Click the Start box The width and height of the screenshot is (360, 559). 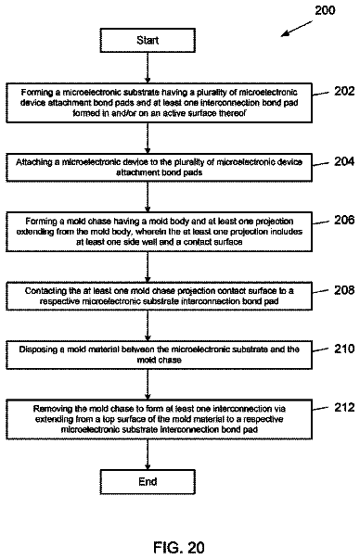148,40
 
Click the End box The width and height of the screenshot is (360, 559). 148,482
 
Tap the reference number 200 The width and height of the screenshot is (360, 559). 325,10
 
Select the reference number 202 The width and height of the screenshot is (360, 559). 344,91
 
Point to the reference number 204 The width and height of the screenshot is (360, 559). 344,161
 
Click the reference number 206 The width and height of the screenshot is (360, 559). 344,220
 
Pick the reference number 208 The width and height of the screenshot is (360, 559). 344,290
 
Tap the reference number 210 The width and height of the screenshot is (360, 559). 344,349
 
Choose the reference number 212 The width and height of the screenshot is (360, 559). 344,407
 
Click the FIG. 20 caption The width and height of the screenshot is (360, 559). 179,547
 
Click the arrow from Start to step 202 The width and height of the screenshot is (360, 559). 148,68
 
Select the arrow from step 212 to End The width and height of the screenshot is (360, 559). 148,454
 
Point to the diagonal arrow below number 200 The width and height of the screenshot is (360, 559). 297,29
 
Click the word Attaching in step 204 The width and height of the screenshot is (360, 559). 32,162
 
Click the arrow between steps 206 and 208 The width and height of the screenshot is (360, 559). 148,267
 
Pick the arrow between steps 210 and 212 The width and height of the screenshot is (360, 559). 148,385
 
